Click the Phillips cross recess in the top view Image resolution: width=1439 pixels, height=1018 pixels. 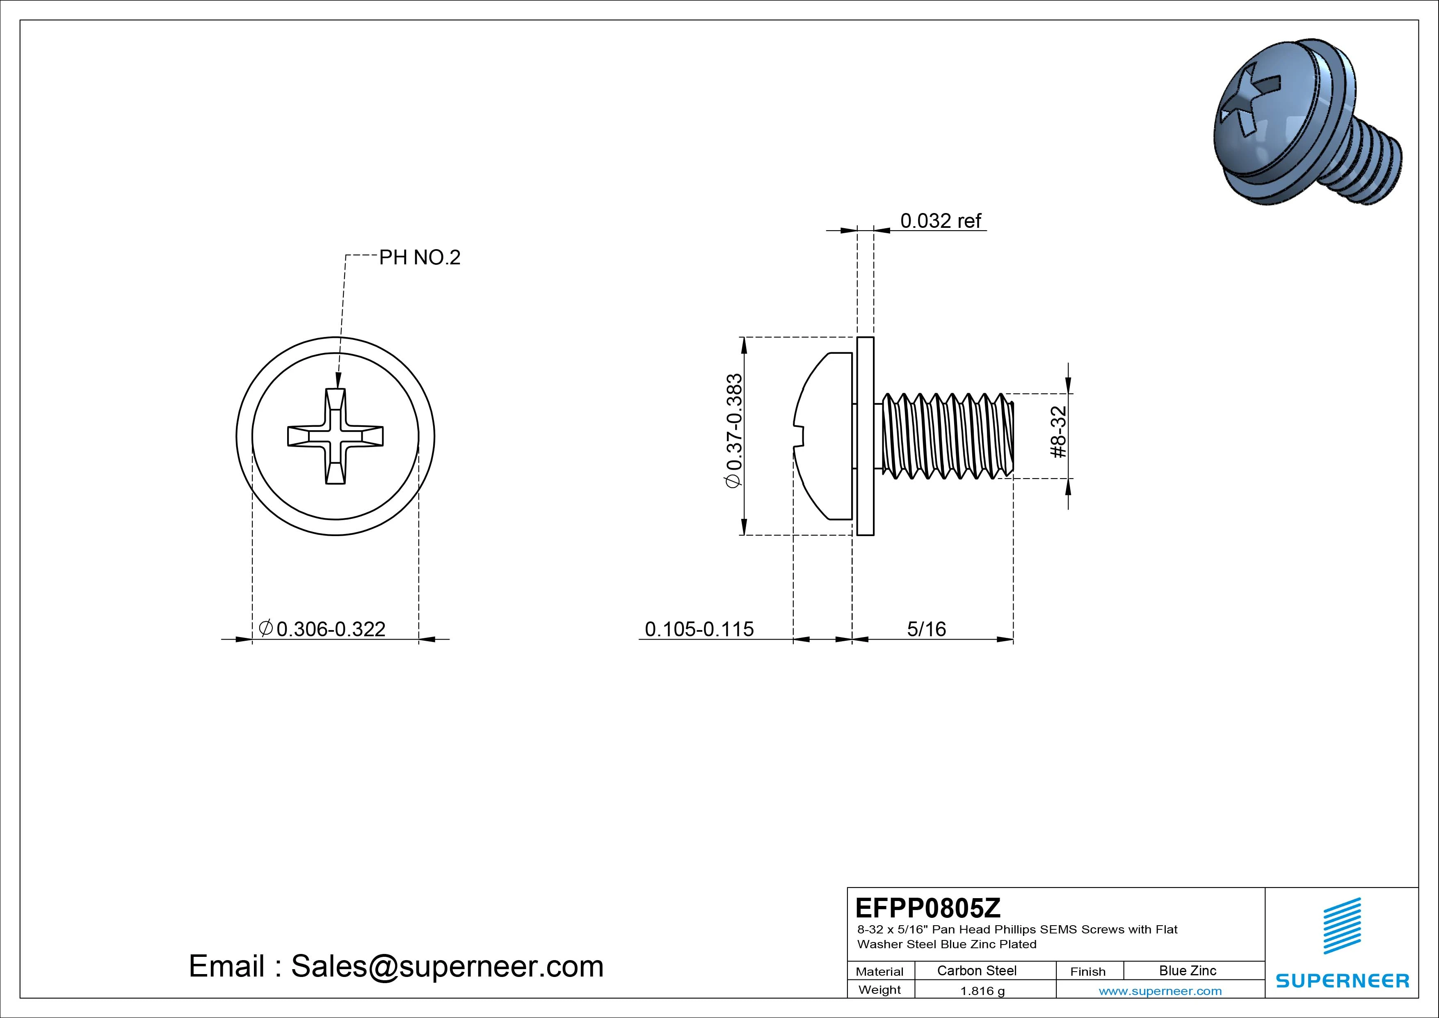pos(335,437)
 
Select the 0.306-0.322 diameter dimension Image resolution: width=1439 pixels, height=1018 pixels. pos(330,628)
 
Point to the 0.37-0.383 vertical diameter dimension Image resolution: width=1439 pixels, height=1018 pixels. pos(734,430)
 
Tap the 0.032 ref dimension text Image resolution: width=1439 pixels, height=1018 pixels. pos(940,221)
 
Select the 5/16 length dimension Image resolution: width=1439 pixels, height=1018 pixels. pos(926,628)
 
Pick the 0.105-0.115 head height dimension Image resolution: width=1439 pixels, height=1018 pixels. pos(699,628)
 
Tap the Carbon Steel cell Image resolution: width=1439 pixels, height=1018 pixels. pos(976,970)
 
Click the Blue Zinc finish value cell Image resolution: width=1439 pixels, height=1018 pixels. pos(1187,970)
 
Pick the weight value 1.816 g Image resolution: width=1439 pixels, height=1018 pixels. pos(982,991)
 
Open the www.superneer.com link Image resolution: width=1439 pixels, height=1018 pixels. pos(1160,991)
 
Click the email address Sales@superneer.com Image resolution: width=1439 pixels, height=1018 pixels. pos(396,966)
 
